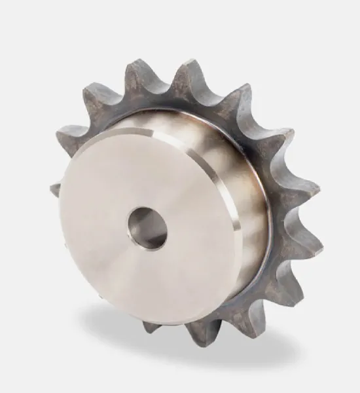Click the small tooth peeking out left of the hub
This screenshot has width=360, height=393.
[x=55, y=189]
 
